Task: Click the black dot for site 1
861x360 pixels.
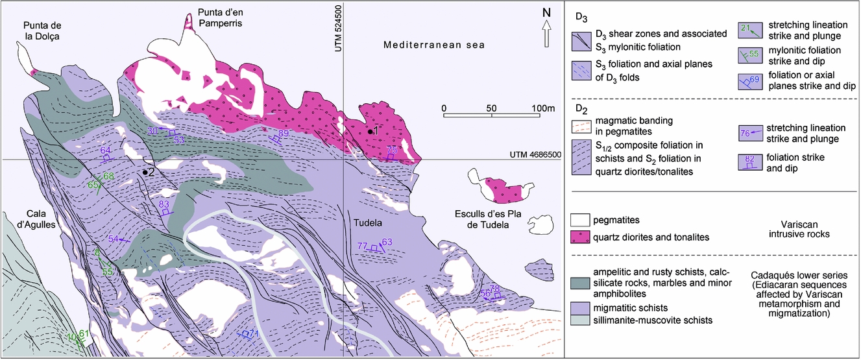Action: point(370,132)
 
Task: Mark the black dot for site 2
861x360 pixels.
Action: point(143,172)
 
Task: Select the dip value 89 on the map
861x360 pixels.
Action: point(283,133)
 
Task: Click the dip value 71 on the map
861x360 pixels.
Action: point(254,334)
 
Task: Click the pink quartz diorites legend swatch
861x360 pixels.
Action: point(583,237)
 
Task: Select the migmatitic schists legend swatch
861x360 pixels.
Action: point(583,307)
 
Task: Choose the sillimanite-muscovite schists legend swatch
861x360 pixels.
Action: point(583,320)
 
